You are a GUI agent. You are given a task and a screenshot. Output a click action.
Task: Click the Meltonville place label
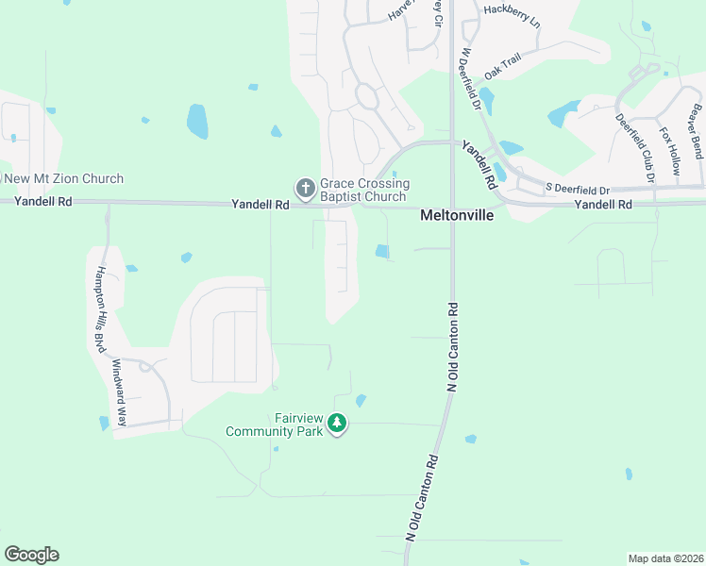point(456,216)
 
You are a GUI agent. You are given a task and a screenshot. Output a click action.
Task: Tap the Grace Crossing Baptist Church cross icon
point(305,190)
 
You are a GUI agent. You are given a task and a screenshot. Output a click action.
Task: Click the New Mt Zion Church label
point(63,179)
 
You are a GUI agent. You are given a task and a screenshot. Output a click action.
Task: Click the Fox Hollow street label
point(669,152)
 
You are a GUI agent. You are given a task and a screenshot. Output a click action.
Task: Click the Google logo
point(31,555)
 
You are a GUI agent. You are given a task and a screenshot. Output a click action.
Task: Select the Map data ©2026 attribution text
point(666,558)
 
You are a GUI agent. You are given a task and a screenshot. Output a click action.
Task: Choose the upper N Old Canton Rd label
point(453,346)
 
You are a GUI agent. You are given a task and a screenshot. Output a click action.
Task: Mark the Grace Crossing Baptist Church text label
point(364,190)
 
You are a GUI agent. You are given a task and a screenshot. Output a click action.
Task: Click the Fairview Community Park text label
point(274,424)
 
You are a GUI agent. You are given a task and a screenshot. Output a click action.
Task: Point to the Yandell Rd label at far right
point(601,204)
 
